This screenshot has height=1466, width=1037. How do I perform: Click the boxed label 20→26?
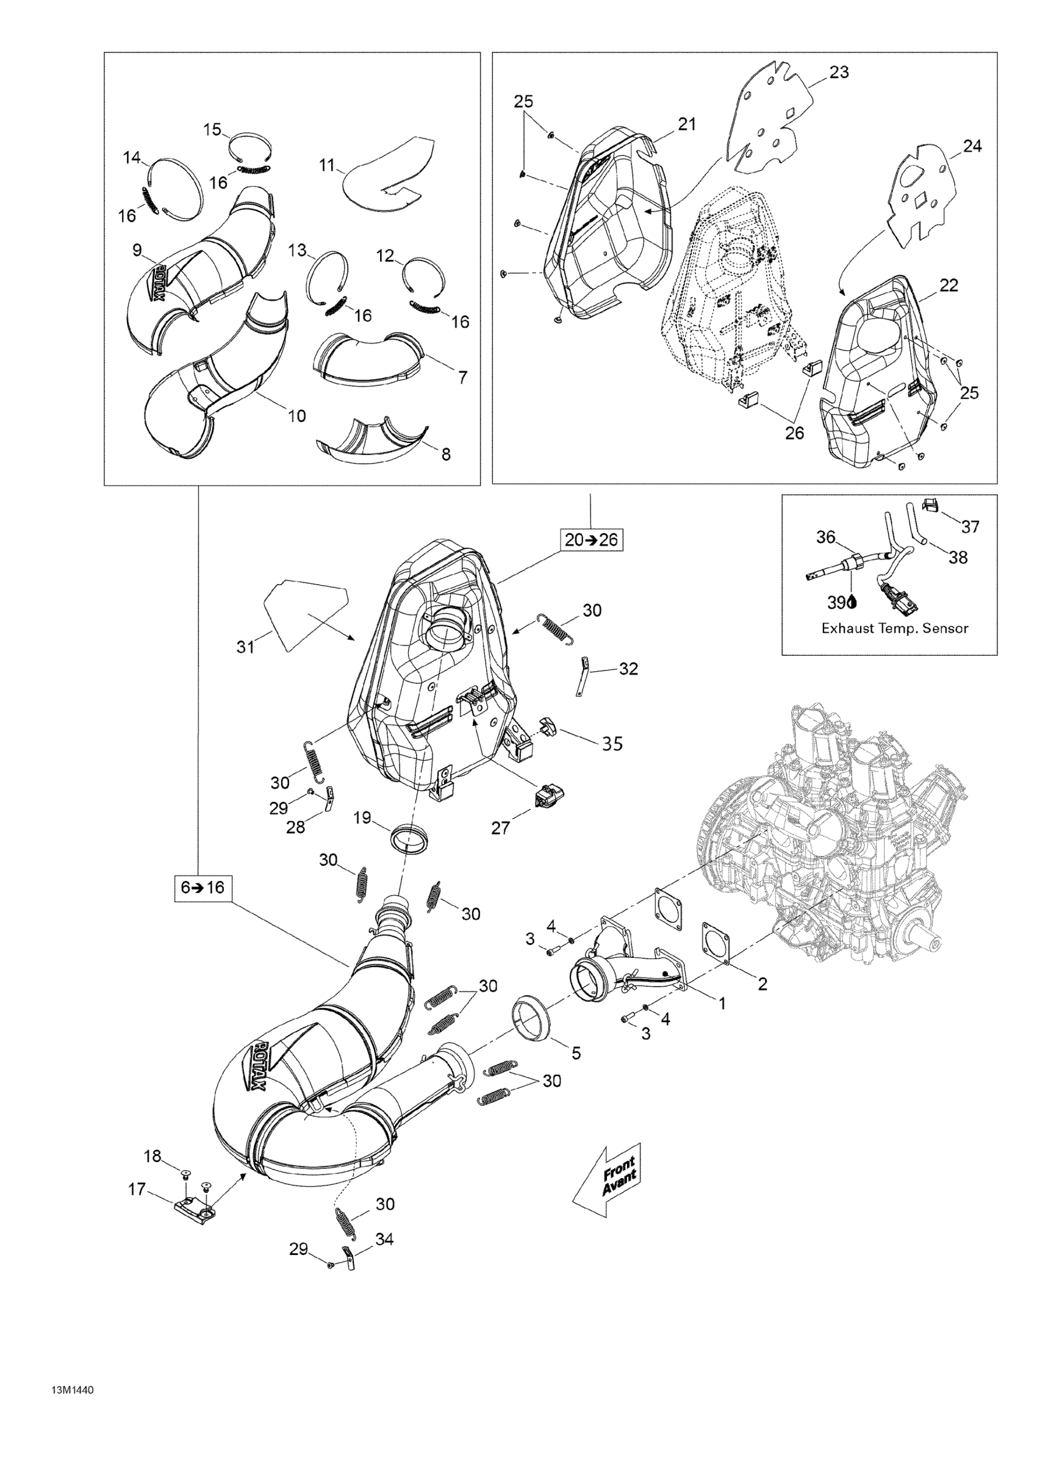591,540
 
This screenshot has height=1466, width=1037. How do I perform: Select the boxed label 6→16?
203,888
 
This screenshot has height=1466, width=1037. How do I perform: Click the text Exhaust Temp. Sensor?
895,628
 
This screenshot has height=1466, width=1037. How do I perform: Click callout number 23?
839,73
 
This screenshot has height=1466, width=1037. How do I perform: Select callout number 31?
246,647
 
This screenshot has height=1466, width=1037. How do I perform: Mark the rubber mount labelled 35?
548,727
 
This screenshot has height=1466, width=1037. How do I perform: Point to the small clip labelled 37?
931,506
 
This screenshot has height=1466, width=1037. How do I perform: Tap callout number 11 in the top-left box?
327,165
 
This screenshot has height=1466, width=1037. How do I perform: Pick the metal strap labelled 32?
583,677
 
